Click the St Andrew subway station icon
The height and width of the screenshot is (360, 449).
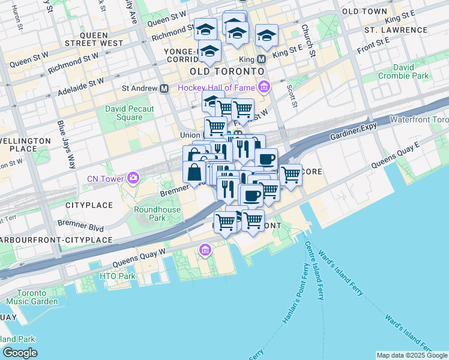pos(164,88)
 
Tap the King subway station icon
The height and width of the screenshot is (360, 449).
pos(261,59)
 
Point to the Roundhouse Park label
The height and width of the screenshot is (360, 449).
pos(149,214)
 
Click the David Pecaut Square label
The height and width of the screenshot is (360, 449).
pos(129,113)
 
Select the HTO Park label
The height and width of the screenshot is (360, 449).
pos(110,276)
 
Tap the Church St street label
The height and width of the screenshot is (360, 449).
pos(308,40)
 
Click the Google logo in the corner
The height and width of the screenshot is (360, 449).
pos(20,353)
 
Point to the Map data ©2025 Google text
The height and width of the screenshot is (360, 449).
pos(412,355)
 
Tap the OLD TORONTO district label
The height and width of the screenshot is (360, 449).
pos(227,71)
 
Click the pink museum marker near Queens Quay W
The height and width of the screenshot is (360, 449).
pos(205,250)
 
